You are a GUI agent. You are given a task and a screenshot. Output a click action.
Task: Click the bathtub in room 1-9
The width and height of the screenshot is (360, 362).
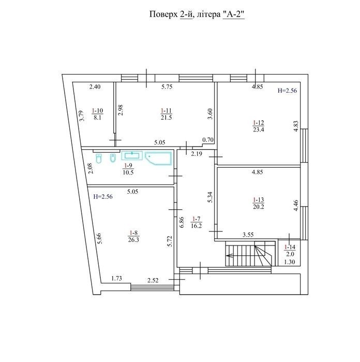click(158, 158)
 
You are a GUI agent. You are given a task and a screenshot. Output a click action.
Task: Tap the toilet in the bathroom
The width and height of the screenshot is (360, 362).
click(99, 158)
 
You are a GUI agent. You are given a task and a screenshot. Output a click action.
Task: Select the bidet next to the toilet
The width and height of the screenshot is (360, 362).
click(113, 158)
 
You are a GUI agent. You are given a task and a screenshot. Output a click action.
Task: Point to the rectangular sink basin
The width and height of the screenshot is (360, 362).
click(132, 155)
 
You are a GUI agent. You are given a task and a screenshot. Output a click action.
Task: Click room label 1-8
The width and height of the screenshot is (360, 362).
click(133, 233)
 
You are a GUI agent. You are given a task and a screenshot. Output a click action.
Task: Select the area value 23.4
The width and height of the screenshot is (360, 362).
click(258, 129)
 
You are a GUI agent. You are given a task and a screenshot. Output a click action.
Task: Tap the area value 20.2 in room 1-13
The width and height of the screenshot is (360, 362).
click(258, 207)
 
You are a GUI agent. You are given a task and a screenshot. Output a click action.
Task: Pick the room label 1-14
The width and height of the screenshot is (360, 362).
click(290, 247)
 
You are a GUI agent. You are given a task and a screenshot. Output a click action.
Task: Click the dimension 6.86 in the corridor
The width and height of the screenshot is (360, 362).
click(182, 222)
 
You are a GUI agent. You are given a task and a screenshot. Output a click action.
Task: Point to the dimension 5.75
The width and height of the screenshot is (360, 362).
click(167, 87)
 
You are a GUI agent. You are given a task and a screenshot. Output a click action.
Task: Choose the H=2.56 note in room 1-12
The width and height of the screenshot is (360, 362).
click(287, 91)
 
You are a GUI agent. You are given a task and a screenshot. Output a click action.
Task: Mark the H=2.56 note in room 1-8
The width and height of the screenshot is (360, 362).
click(103, 197)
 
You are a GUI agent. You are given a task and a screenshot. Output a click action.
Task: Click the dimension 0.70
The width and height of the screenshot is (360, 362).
click(208, 140)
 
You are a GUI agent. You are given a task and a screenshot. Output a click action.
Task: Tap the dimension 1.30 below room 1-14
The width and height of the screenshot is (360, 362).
click(290, 262)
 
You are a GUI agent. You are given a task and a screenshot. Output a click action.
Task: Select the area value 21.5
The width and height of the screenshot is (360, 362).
click(166, 118)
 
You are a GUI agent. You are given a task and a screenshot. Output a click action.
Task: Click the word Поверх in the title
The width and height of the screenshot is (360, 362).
click(163, 15)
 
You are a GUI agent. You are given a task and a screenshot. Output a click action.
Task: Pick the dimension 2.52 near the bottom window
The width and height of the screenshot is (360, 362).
click(153, 280)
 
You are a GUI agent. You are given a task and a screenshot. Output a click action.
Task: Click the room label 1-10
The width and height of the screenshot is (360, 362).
click(97, 111)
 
